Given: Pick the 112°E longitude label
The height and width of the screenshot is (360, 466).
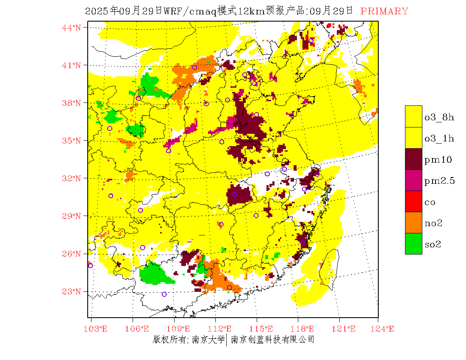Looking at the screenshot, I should [222, 329].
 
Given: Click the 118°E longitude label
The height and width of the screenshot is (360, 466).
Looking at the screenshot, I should [305, 329].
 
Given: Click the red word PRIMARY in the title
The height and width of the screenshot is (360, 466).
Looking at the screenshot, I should [384, 11].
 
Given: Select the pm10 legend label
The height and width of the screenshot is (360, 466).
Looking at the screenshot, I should [438, 160].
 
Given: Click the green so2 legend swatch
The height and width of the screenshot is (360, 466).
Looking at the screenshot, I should [413, 244].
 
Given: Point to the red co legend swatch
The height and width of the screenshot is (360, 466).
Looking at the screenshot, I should [413, 201].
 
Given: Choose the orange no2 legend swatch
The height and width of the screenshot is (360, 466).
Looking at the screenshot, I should [413, 222].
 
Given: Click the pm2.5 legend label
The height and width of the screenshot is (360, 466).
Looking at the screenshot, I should [440, 181].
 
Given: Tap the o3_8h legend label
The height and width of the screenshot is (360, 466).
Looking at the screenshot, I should [440, 117].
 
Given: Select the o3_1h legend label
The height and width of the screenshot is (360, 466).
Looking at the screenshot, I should [440, 138].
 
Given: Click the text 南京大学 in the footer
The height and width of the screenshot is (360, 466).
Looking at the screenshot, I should [208, 340].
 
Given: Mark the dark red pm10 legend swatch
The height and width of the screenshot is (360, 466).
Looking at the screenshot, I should [413, 159].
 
